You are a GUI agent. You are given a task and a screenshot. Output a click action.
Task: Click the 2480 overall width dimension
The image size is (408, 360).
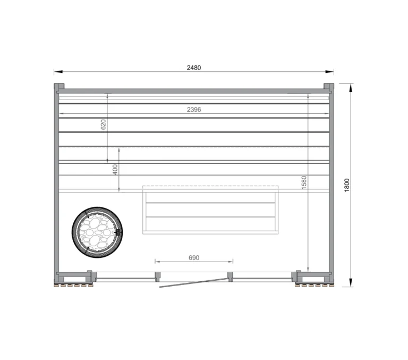click(194, 68)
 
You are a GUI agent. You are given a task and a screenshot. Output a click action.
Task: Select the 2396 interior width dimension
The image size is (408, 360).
click(194, 109)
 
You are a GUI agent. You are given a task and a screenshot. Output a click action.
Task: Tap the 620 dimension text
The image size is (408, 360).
click(104, 124)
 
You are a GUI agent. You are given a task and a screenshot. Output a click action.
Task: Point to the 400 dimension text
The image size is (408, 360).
click(115, 170)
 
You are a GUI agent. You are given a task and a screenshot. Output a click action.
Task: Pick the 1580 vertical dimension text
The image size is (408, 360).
click(304, 182)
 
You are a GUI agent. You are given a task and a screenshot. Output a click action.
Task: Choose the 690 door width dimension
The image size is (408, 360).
click(194, 257)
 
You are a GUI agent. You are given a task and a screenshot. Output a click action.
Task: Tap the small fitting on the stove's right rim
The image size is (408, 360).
click(118, 232)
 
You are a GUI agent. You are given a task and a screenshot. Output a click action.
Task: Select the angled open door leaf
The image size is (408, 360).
click(192, 282)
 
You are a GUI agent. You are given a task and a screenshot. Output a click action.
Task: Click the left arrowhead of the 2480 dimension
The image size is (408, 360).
click(56, 72)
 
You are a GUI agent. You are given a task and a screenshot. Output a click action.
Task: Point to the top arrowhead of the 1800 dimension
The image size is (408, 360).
click(351, 87)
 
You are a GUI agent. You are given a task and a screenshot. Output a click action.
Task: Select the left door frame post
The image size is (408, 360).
click(157, 276)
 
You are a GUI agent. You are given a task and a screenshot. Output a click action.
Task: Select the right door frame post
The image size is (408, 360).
click(231, 276)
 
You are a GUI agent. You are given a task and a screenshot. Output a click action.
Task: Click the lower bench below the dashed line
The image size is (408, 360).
click(210, 210)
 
